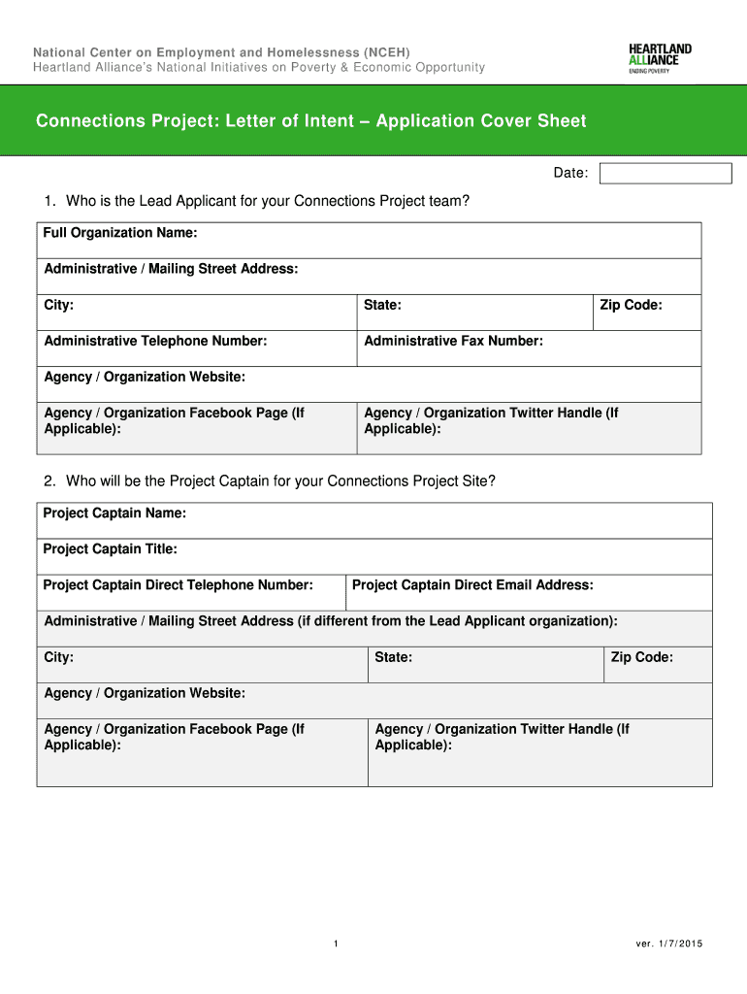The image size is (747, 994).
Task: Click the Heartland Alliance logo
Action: (x=661, y=59)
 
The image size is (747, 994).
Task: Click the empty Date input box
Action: (x=666, y=174)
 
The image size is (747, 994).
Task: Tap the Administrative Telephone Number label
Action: (x=155, y=341)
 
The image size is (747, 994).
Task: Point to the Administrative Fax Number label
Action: (x=453, y=341)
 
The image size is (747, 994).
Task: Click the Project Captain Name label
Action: (x=114, y=513)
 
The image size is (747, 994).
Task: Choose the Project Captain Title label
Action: (x=110, y=549)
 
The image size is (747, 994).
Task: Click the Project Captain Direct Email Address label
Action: (x=472, y=585)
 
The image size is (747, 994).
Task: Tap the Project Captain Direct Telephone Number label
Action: (x=179, y=585)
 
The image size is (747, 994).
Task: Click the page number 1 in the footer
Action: (x=335, y=944)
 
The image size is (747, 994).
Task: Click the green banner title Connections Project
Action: (x=310, y=121)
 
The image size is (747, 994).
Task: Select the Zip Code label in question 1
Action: (x=631, y=305)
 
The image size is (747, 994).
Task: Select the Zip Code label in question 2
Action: (x=641, y=657)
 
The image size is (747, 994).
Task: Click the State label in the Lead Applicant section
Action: (x=382, y=305)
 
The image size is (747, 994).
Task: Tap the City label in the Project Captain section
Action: (x=58, y=657)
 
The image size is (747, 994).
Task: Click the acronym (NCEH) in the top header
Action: (x=387, y=51)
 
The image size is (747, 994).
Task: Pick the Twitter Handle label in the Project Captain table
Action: (x=502, y=737)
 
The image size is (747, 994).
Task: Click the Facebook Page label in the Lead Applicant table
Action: (x=174, y=420)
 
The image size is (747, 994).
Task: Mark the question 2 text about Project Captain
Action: (x=270, y=480)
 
